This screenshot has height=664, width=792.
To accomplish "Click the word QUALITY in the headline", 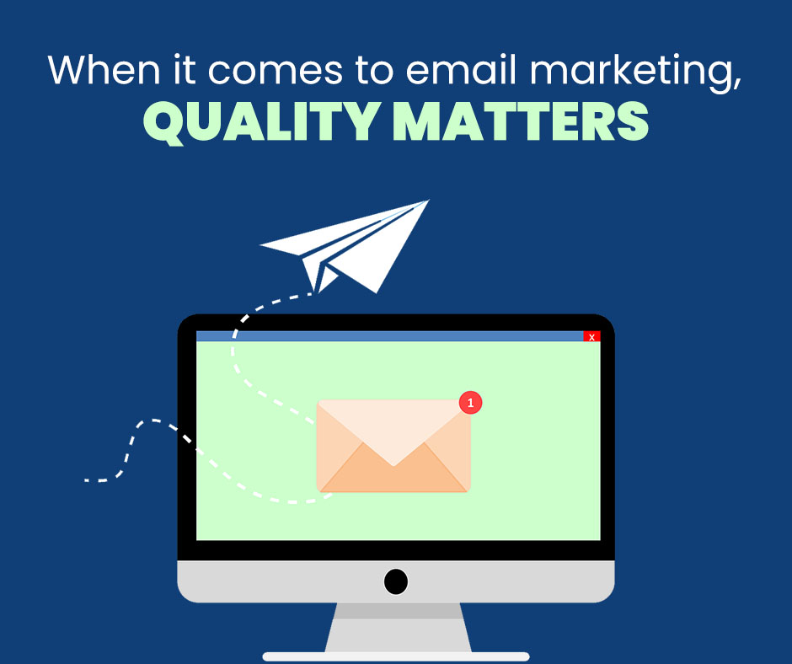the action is pyautogui.click(x=262, y=122).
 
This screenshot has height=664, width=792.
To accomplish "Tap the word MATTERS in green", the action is pyautogui.click(x=521, y=121).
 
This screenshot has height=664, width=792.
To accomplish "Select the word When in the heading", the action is pyautogui.click(x=104, y=70).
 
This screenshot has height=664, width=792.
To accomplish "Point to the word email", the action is pyautogui.click(x=462, y=70).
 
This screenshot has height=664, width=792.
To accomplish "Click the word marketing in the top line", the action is pyautogui.click(x=636, y=72).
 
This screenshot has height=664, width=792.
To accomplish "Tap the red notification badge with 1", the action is pyautogui.click(x=470, y=403).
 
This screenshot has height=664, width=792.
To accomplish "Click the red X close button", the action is pyautogui.click(x=591, y=336).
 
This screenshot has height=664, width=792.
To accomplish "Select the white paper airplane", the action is pyautogui.click(x=345, y=246).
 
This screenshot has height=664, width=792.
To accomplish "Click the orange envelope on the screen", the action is pyautogui.click(x=393, y=447).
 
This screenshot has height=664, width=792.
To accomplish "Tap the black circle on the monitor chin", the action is pyautogui.click(x=396, y=581).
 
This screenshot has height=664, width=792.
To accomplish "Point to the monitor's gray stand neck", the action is pyautogui.click(x=398, y=627).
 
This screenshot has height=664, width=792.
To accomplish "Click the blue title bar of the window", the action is pyautogui.click(x=389, y=336).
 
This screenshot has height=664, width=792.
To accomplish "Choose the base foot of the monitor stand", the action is pyautogui.click(x=396, y=656).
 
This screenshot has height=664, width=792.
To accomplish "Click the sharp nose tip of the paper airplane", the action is pyautogui.click(x=429, y=200).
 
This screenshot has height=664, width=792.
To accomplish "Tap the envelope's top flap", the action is pyautogui.click(x=393, y=430).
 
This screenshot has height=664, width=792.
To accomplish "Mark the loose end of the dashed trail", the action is pyautogui.click(x=86, y=480).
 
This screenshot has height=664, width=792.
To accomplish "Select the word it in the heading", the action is pyautogui.click(x=185, y=70).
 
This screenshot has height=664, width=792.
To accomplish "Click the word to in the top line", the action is pyautogui.click(x=374, y=71).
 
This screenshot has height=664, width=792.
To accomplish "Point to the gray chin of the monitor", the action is pyautogui.click(x=396, y=581).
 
